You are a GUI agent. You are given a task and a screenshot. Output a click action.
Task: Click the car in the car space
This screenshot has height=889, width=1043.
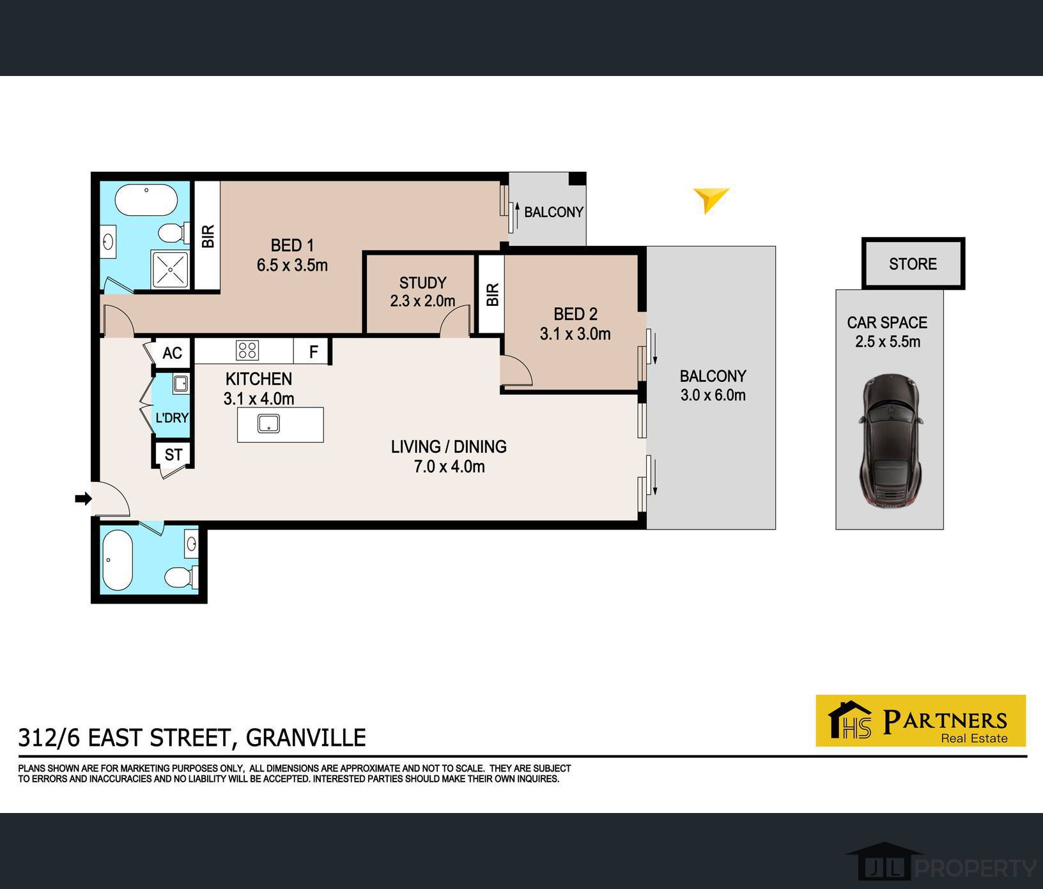point(889,441)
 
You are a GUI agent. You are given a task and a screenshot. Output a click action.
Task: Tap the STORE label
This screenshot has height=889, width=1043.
point(913,264)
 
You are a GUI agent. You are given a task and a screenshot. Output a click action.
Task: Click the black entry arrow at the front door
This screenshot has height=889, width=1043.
point(83,499)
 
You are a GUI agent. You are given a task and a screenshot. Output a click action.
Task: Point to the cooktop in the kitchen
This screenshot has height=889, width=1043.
point(247,350)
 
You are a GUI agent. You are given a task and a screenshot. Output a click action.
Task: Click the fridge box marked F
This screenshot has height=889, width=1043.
point(312,351)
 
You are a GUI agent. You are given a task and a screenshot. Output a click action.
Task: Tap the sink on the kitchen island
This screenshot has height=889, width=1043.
point(268,423)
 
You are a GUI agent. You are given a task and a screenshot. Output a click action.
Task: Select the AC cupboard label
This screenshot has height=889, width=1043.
point(172,353)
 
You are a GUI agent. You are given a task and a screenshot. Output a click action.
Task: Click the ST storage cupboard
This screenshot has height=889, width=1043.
point(173,454)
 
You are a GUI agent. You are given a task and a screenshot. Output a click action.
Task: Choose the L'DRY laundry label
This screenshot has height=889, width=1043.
point(172,418)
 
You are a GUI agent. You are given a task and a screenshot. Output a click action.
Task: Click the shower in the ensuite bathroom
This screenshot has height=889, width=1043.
point(170,270)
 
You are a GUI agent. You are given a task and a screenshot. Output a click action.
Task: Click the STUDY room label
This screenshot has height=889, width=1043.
point(422,283)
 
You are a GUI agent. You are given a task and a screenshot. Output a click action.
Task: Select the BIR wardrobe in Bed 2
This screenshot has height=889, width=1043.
point(491,294)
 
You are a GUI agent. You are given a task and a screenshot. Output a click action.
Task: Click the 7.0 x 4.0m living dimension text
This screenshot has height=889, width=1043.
point(449,467)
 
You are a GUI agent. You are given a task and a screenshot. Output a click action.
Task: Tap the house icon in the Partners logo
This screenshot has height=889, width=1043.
point(850,720)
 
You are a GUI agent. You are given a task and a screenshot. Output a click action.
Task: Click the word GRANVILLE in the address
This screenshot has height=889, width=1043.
point(306,738)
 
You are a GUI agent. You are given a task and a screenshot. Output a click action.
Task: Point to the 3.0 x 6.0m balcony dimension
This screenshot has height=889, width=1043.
point(713,395)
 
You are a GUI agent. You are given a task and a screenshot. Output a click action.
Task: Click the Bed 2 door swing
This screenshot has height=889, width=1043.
point(516,370)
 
